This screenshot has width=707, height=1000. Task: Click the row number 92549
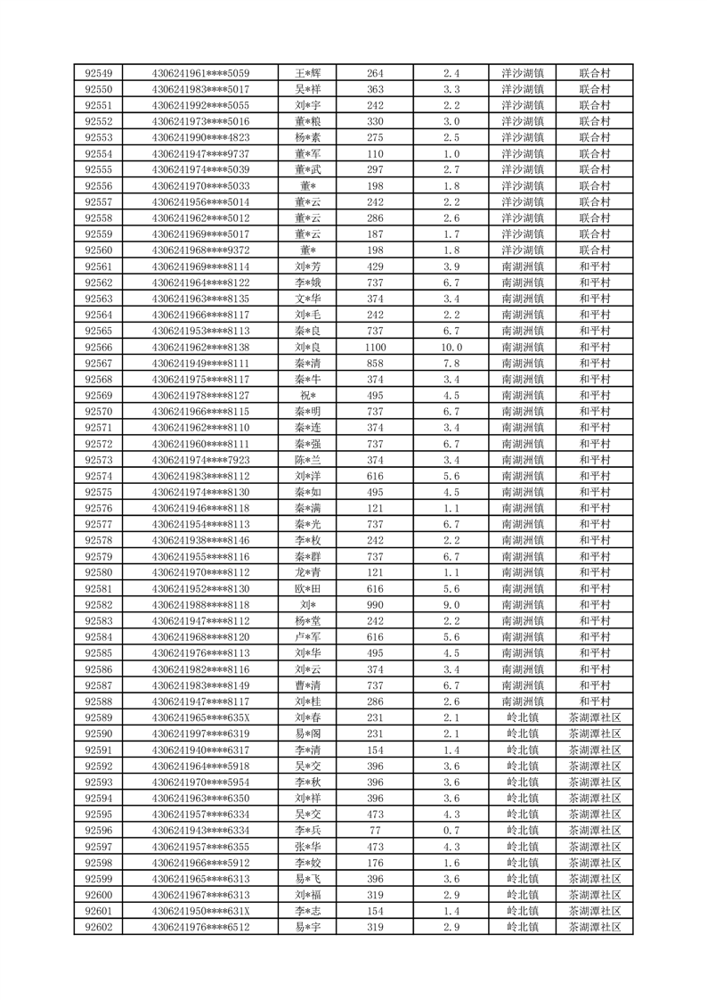pos(98,73)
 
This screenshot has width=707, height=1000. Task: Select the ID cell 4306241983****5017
pos(200,89)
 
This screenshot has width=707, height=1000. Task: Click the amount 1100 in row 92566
pos(375,347)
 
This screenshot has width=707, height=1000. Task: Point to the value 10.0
pos(451,347)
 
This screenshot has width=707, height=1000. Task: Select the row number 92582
pos(98,605)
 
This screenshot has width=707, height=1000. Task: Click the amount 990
pos(375,605)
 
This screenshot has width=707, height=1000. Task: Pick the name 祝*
pos(308,396)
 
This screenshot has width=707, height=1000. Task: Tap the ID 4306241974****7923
pos(200,460)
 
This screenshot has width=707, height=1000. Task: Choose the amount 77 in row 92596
pos(375,831)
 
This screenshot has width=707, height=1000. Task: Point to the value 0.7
pos(451,831)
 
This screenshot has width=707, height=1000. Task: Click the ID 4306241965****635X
pos(200,717)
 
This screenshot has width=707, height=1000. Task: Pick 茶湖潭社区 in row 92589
pos(594,717)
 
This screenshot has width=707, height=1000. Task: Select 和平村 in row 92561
pos(594,266)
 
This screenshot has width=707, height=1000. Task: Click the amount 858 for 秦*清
pos(375,363)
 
